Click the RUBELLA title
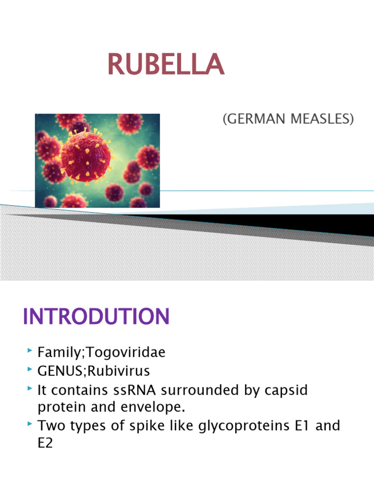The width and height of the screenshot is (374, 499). click(x=166, y=65)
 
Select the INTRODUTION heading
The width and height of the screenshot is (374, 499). click(x=96, y=317)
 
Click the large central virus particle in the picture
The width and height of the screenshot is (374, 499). click(x=86, y=156)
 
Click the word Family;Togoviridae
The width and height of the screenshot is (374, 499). click(x=101, y=353)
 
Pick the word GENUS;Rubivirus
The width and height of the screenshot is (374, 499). click(x=94, y=371)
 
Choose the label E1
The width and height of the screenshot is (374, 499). click(x=300, y=425)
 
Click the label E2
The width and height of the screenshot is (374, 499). click(x=45, y=442)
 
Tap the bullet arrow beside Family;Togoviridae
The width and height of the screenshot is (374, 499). click(x=30, y=351)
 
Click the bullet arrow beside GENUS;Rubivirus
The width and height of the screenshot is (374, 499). click(x=30, y=370)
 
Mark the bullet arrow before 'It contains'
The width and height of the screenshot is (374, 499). click(x=30, y=389)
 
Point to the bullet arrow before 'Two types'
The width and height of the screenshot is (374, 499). click(x=30, y=424)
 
